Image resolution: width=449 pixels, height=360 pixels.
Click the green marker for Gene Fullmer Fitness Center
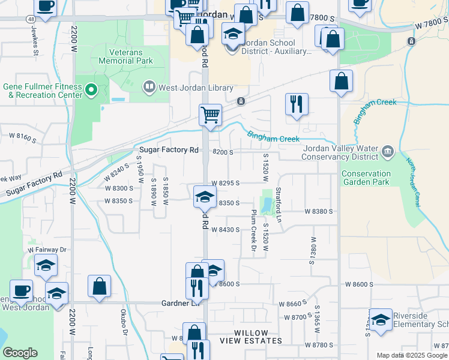(x=91, y=90)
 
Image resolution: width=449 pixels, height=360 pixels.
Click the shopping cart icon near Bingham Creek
(x=210, y=114)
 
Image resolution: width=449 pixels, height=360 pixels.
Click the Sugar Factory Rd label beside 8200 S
(x=169, y=150)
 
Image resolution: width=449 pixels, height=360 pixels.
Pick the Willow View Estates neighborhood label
(x=250, y=337)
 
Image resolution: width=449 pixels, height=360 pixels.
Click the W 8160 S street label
(x=22, y=139)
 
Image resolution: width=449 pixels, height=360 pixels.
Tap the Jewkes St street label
(x=35, y=43)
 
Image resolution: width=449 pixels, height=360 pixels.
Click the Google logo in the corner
(x=20, y=353)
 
